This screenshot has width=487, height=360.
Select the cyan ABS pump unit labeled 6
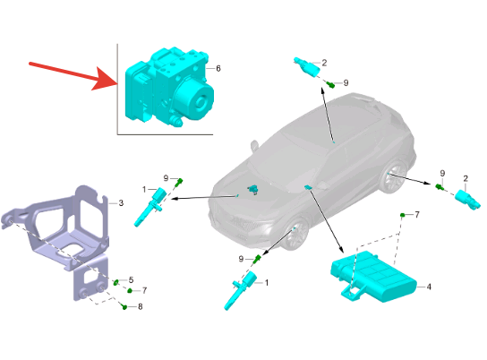tap(169, 87)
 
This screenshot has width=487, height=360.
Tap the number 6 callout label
tap(218, 68)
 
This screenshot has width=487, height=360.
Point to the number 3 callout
tap(121, 203)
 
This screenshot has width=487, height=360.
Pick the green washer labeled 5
tap(115, 282)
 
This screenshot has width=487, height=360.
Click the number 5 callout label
tap(131, 280)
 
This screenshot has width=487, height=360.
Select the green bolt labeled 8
tap(124, 307)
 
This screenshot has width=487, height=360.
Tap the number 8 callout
tap(140, 306)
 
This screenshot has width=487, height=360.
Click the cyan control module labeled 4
tap(372, 278)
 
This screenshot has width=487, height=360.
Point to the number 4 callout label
tap(429, 287)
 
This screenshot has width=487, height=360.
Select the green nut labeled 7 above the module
tap(402, 215)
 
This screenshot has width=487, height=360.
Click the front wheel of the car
tap(295, 235)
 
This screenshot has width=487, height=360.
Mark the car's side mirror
tap(254, 146)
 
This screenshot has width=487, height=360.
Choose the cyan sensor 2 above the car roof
tap(307, 66)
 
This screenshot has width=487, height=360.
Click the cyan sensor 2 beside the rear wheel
tap(467, 200)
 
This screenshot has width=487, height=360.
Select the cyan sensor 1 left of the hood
tap(149, 206)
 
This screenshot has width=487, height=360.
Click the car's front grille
tap(237, 221)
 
